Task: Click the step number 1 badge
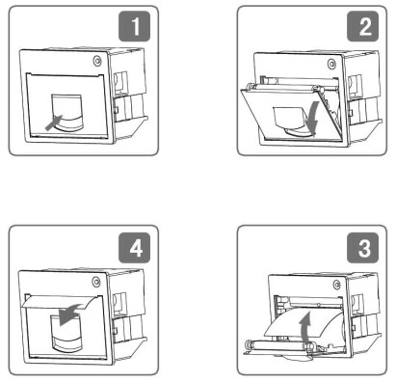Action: tap(134, 26)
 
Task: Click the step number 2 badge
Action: tap(362, 26)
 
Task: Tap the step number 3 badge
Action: tap(362, 248)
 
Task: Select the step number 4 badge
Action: tap(134, 248)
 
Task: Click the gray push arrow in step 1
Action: tap(53, 123)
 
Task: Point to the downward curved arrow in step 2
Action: tap(312, 118)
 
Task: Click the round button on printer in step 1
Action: tap(97, 61)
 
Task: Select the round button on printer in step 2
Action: tap(331, 64)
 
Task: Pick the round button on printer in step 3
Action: tap(336, 285)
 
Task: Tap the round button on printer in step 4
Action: tap(96, 282)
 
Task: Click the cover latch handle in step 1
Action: tap(67, 113)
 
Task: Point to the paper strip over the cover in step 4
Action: tap(60, 303)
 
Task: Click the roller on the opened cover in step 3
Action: tap(277, 344)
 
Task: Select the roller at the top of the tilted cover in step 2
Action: tap(282, 87)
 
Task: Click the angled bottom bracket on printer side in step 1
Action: tap(131, 128)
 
